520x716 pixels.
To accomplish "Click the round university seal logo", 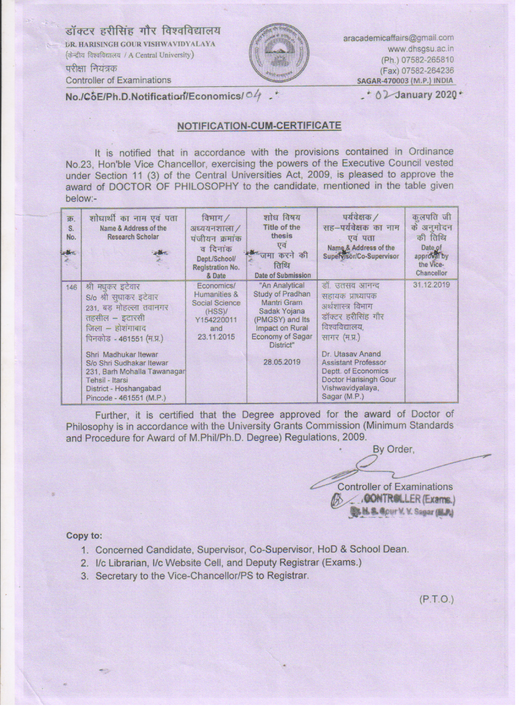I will click(279, 52).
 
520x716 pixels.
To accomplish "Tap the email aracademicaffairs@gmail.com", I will click(398, 38).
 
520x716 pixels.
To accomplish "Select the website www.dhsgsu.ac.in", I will click(420, 49).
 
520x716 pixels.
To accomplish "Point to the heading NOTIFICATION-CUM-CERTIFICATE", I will click(259, 126).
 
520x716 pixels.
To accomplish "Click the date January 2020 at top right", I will click(423, 95).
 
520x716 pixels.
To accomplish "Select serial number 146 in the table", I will click(72, 286).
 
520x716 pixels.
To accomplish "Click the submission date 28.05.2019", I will click(282, 361).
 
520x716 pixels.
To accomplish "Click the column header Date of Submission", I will click(282, 276).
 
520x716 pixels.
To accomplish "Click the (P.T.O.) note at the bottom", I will click(436, 599).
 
